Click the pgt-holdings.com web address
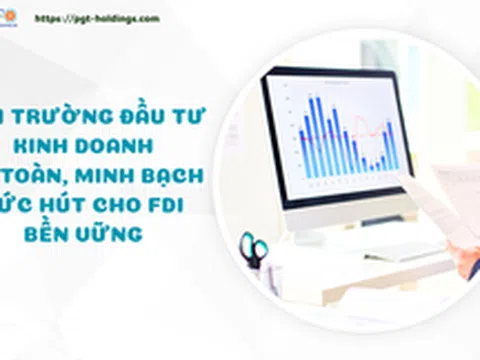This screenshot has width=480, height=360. pyautogui.click(x=111, y=18)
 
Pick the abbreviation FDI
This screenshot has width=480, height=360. pyautogui.click(x=175, y=204)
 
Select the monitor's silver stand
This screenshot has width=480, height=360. pyautogui.click(x=345, y=225)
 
